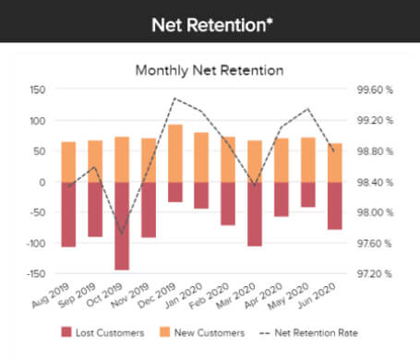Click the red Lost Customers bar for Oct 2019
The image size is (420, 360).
122,225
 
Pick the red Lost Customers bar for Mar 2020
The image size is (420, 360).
254,213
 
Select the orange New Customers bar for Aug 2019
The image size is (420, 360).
68,162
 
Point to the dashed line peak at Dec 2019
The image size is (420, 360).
174,98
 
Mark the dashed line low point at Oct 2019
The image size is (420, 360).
122,234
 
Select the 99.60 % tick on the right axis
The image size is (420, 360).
375,90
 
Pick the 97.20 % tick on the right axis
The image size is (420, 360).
375,274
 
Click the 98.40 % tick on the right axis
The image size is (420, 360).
375,182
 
